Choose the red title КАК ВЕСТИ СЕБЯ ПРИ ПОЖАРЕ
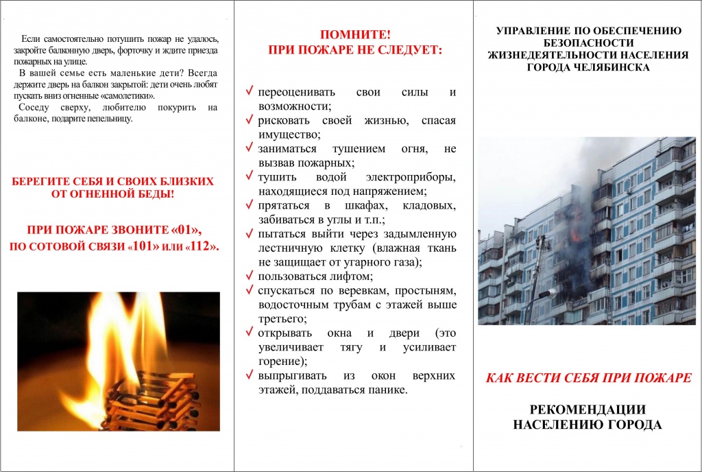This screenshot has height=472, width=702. pyautogui.click(x=588, y=378)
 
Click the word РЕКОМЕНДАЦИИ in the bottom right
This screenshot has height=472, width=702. pyautogui.click(x=588, y=410)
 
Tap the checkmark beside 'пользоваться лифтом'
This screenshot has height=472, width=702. pyautogui.click(x=250, y=276)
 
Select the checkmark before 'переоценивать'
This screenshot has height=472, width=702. pyautogui.click(x=250, y=91)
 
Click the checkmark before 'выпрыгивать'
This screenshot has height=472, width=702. pyautogui.click(x=250, y=375)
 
